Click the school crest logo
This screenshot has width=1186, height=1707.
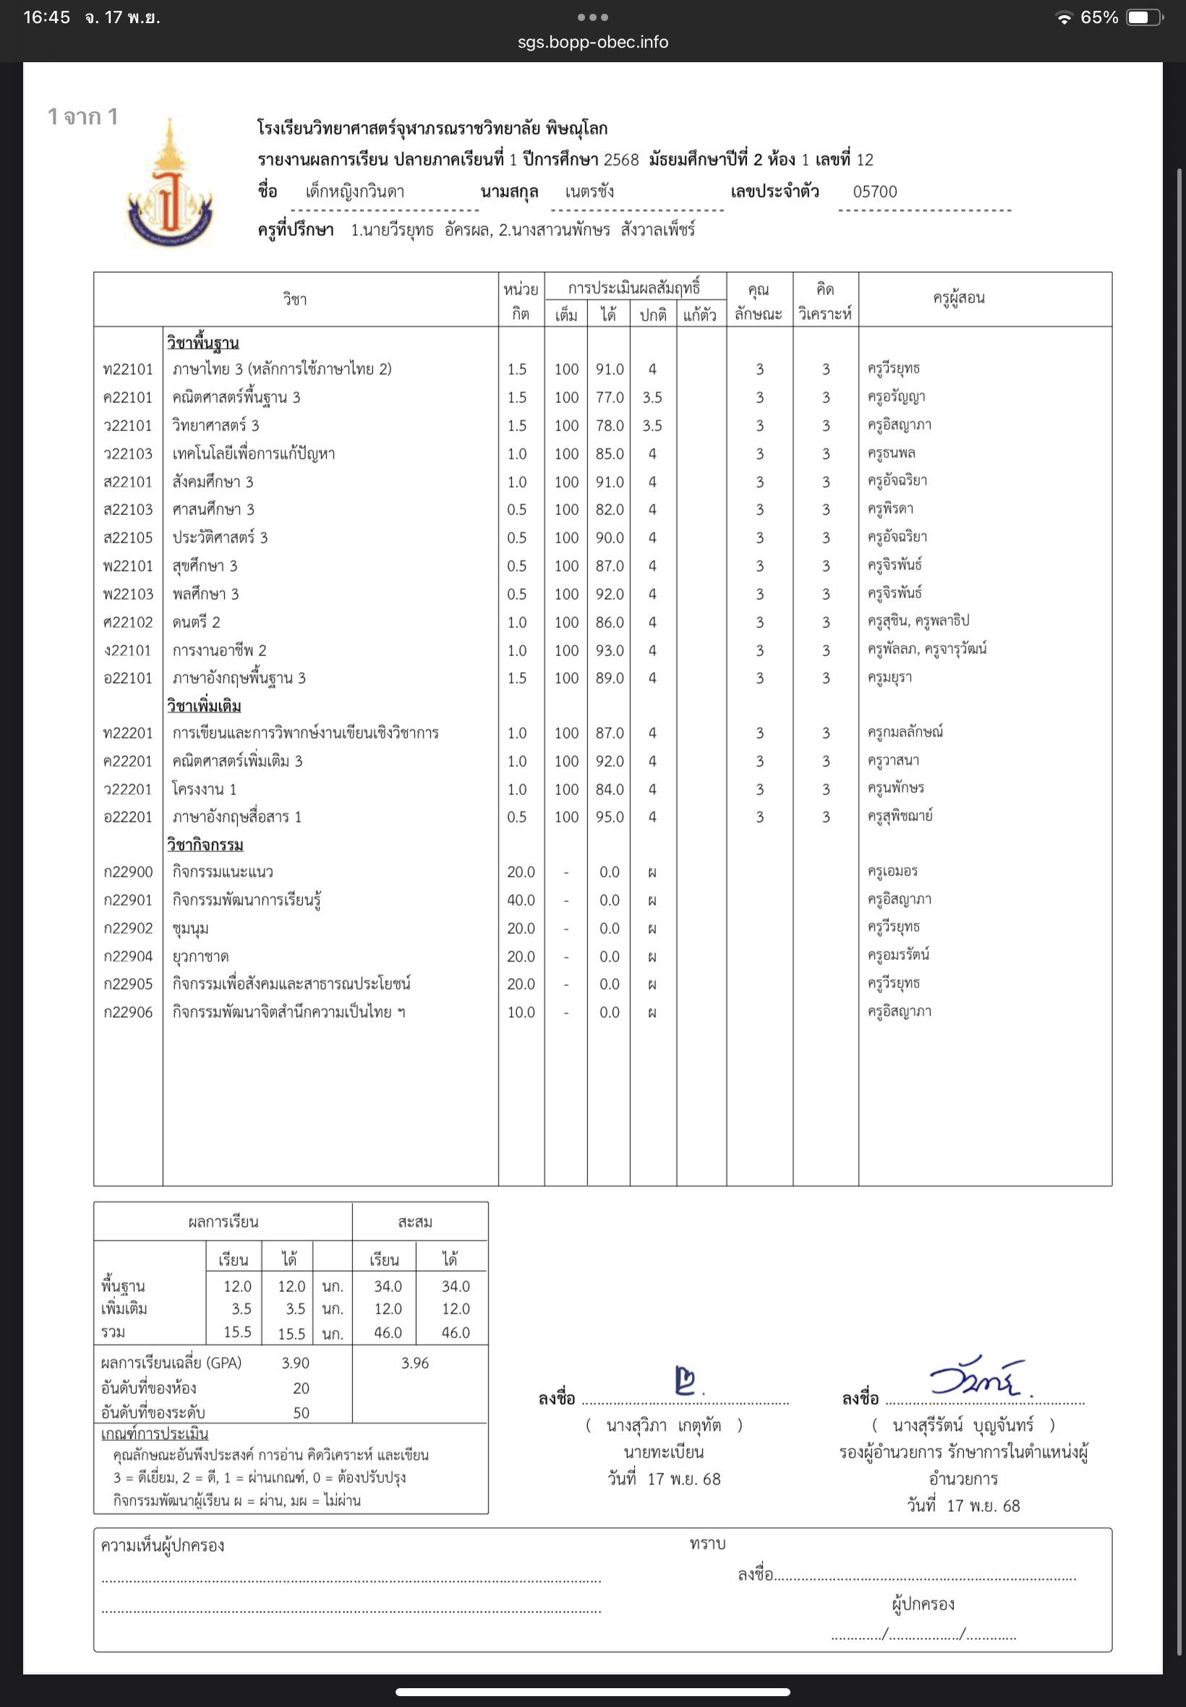170,186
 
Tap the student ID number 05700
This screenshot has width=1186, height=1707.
874,192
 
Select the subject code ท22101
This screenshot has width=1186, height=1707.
128,370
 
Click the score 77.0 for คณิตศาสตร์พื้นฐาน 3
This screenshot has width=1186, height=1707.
610,398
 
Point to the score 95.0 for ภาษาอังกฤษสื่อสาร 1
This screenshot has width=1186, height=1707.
610,817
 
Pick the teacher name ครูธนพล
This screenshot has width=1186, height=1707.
891,454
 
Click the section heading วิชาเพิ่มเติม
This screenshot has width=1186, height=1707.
204,706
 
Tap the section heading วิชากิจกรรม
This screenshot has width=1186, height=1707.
205,845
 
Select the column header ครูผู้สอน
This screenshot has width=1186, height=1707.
959,299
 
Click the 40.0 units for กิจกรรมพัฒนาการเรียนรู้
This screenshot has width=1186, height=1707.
520,900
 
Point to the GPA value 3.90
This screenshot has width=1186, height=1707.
295,1363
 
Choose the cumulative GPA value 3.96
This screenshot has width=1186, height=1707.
414,1363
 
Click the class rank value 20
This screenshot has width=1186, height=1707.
301,1387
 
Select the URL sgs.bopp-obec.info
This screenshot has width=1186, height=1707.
593,43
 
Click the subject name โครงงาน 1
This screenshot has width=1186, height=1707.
205,789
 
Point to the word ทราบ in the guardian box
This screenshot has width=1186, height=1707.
707,1544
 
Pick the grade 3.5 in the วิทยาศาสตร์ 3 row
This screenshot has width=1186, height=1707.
652,426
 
